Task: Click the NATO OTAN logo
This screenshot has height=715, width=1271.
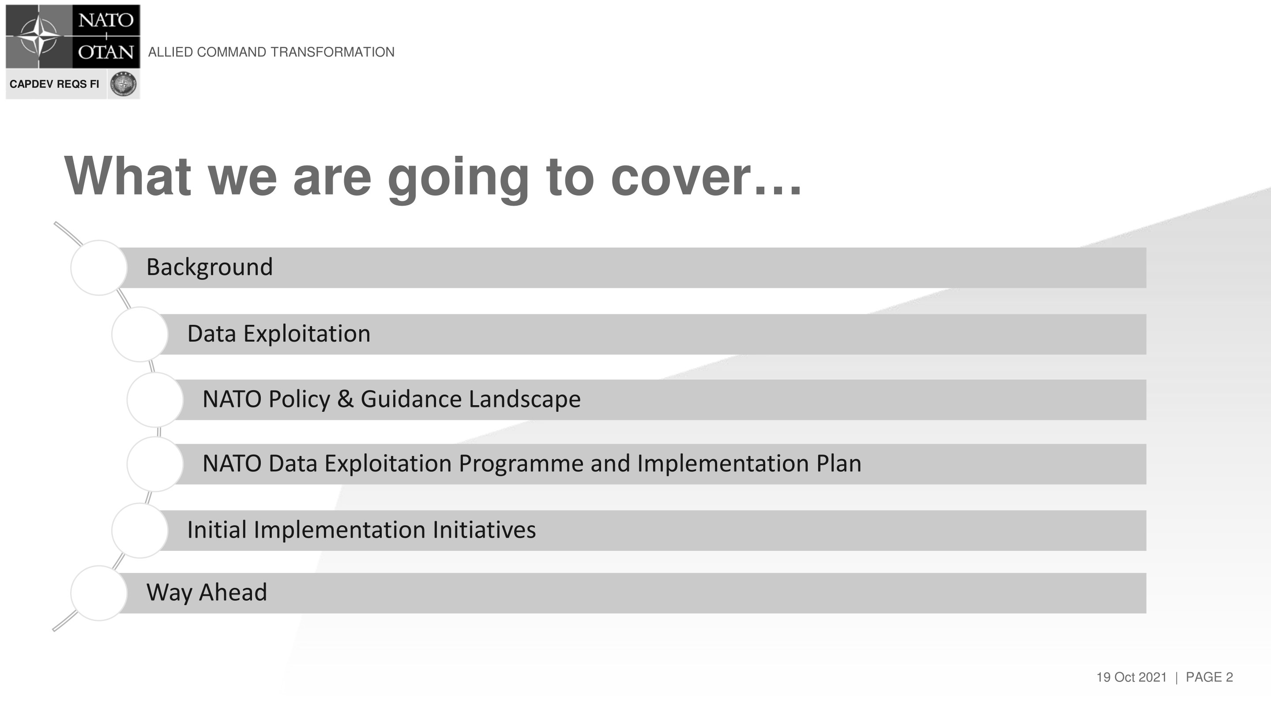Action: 73,37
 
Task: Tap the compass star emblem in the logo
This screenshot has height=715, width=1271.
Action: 39,35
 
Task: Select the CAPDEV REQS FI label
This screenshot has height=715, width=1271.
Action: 54,84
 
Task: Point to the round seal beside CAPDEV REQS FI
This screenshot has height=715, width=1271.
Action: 124,84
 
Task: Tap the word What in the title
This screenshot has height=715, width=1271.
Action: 127,176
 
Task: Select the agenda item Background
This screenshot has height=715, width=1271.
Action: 210,267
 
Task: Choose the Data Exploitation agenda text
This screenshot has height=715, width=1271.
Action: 279,334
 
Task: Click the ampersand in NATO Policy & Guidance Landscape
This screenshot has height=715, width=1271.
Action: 346,399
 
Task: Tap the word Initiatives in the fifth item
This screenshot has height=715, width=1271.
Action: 484,530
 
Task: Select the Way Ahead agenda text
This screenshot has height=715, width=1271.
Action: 207,593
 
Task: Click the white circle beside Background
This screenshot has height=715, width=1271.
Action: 99,268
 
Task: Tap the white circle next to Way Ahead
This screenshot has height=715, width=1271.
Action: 99,593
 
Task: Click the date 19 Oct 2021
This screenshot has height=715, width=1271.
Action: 1132,677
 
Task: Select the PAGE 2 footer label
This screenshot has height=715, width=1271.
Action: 1209,677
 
